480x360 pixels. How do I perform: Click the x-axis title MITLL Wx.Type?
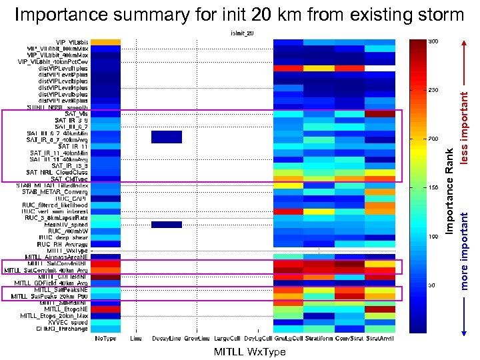point(247,351)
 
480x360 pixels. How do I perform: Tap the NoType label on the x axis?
point(107,339)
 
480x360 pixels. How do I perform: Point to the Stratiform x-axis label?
point(319,339)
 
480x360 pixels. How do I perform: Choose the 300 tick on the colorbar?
point(433,41)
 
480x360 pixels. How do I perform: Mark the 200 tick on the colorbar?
point(433,139)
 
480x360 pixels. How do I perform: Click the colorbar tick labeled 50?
point(433,285)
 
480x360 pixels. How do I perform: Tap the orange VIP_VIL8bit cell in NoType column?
point(107,42)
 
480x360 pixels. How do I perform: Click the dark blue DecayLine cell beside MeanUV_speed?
point(166,225)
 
